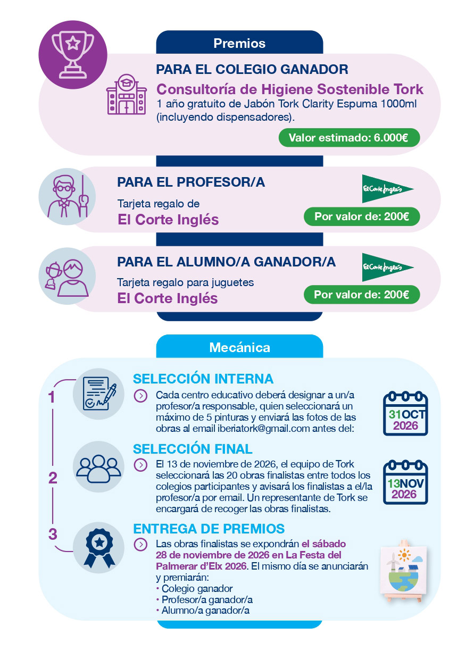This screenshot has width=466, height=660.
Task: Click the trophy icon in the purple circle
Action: click(x=73, y=55)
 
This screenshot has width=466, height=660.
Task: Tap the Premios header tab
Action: click(x=239, y=43)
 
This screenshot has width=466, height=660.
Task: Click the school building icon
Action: click(x=127, y=94)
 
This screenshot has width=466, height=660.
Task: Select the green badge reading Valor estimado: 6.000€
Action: click(x=349, y=138)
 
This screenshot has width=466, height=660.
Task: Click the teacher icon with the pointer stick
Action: click(x=68, y=196)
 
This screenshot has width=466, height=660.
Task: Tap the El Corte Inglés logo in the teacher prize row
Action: click(x=387, y=189)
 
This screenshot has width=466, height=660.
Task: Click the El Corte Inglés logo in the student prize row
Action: click(x=387, y=267)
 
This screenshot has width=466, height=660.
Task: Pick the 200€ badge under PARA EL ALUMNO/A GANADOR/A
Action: click(x=362, y=295)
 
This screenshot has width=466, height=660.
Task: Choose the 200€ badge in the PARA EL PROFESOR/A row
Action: click(x=362, y=216)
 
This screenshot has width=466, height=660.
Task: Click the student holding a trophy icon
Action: click(x=67, y=278)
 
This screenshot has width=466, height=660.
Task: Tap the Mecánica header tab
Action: click(x=239, y=347)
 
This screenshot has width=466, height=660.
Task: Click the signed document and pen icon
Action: click(x=99, y=394)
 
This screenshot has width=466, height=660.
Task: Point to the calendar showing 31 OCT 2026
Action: click(x=405, y=413)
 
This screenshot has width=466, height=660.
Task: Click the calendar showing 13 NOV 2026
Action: click(x=405, y=482)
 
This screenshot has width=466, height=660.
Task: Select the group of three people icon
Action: click(x=98, y=469)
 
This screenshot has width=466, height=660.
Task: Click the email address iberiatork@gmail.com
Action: click(x=263, y=429)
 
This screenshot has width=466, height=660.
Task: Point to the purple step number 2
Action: click(x=53, y=478)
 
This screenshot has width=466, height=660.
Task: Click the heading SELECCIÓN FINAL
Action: click(x=193, y=449)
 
